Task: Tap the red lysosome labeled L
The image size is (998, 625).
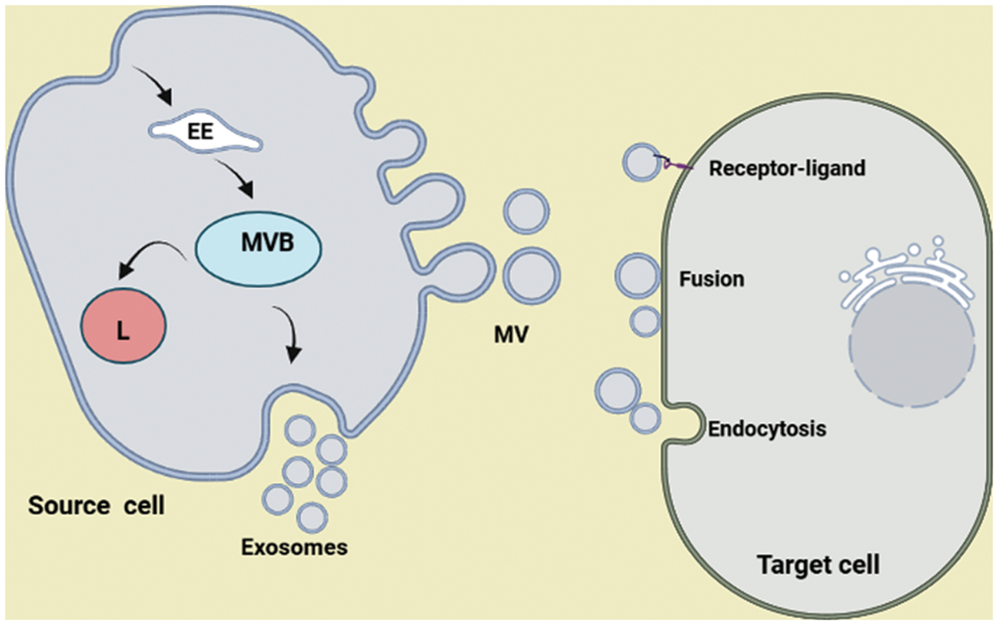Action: point(123,328)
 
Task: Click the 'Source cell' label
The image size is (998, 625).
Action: point(96,505)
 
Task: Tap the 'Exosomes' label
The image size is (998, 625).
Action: point(295,548)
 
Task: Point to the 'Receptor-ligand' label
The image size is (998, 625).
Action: point(786,168)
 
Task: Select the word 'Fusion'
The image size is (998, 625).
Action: point(711,279)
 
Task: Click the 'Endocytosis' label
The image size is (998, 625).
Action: point(766,429)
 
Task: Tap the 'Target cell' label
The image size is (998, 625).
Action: point(818,565)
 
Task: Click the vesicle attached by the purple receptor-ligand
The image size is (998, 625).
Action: point(642,163)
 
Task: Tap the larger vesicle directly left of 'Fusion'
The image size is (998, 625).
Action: point(636,275)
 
